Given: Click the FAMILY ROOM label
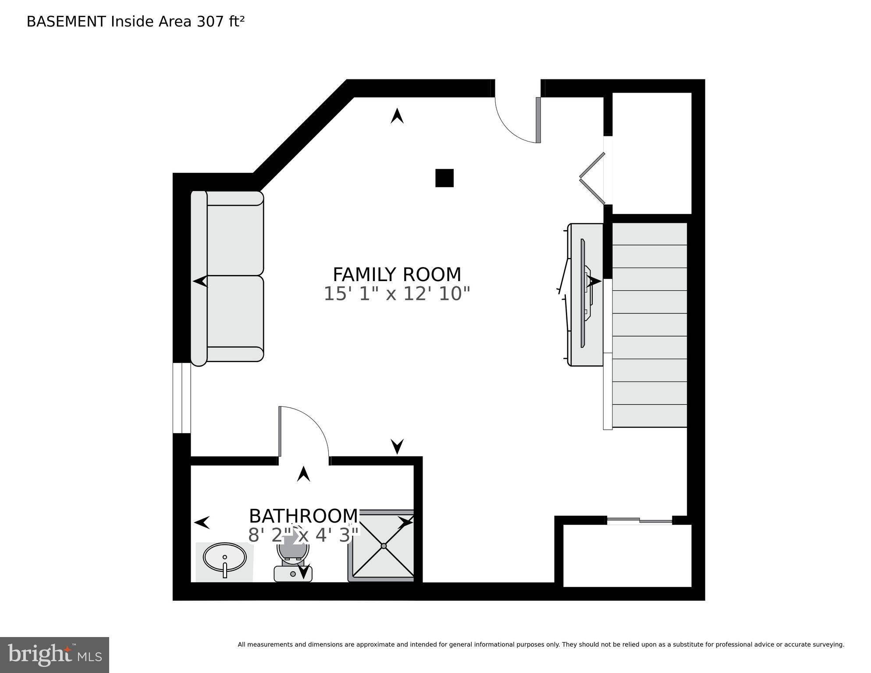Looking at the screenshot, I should (x=397, y=275).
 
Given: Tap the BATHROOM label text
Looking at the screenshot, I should (x=303, y=516).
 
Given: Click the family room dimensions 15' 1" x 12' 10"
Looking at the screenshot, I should (x=397, y=294).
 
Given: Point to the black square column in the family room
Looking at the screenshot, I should (x=444, y=178).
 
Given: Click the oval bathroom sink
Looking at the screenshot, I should (x=224, y=557).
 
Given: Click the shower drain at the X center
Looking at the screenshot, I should (x=384, y=546).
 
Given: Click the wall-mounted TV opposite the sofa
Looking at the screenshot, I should (x=583, y=293).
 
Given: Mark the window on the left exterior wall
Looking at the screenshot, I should (x=181, y=398).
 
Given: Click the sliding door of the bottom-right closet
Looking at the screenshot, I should (x=640, y=520).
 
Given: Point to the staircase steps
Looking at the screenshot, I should (x=649, y=325).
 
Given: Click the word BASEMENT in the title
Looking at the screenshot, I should (x=66, y=21).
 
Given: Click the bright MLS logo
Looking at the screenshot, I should (x=54, y=655).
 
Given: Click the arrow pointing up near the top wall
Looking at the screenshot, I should (x=397, y=116).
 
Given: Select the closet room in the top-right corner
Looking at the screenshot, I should (x=651, y=153).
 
